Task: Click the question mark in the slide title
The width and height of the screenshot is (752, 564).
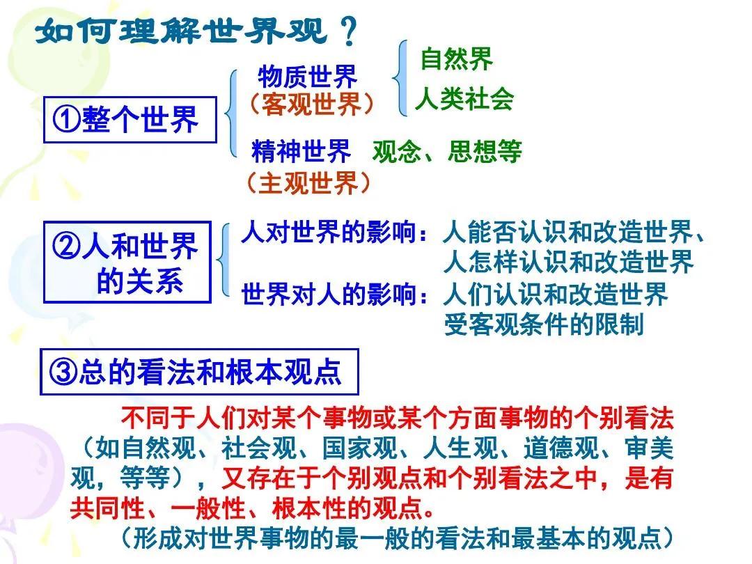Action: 349,31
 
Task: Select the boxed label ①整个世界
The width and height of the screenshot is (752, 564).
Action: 130,120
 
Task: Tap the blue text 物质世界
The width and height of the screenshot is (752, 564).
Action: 308,77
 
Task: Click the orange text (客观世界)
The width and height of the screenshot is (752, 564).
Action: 311,104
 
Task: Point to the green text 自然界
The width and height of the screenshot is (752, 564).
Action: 457,59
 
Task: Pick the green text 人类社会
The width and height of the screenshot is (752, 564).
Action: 464,100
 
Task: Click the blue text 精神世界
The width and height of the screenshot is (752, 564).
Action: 301,151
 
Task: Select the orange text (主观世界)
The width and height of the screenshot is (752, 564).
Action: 308,182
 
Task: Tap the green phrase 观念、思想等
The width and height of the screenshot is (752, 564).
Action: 447,152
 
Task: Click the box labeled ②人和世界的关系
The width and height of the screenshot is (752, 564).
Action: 127,262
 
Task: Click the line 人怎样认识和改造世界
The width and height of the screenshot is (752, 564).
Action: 569,262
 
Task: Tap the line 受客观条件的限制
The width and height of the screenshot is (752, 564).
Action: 544,324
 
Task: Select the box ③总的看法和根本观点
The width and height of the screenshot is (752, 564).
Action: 199,372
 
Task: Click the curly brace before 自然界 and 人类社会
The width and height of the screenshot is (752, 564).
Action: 400,78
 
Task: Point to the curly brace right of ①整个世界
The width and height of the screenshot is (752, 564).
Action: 231,113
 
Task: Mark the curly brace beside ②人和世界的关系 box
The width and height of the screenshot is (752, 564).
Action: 223,260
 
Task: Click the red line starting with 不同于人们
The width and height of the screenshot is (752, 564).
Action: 398,418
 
